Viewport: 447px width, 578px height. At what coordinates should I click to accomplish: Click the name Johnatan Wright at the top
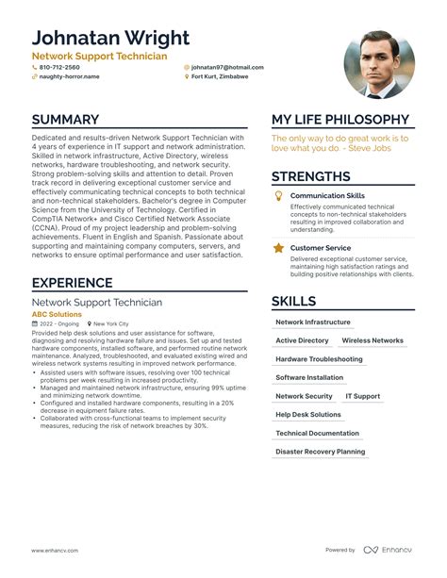pyautogui.click(x=110, y=39)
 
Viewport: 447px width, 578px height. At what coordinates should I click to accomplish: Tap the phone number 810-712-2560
pyautogui.click(x=59, y=68)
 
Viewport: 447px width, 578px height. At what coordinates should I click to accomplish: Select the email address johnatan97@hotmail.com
pyautogui.click(x=227, y=68)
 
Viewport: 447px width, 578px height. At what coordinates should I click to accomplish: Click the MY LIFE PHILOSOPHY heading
pyautogui.click(x=340, y=121)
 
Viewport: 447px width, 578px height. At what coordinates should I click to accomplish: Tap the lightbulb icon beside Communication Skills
pyautogui.click(x=278, y=196)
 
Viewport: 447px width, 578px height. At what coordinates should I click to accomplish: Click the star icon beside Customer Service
pyautogui.click(x=278, y=248)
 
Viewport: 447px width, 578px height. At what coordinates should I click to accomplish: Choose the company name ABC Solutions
pyautogui.click(x=57, y=314)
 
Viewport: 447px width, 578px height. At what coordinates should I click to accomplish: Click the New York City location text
pyautogui.click(x=111, y=323)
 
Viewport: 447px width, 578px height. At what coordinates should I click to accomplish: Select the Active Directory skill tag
pyautogui.click(x=302, y=340)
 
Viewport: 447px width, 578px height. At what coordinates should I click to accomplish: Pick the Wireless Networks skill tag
pyautogui.click(x=372, y=340)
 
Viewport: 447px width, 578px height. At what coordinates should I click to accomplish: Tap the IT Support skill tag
pyautogui.click(x=362, y=396)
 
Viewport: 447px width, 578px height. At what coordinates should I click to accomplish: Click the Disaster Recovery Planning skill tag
pyautogui.click(x=320, y=452)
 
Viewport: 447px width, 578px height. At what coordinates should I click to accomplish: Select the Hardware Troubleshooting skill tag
pyautogui.click(x=319, y=359)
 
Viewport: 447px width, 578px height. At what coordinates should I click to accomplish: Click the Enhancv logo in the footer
pyautogui.click(x=388, y=550)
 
